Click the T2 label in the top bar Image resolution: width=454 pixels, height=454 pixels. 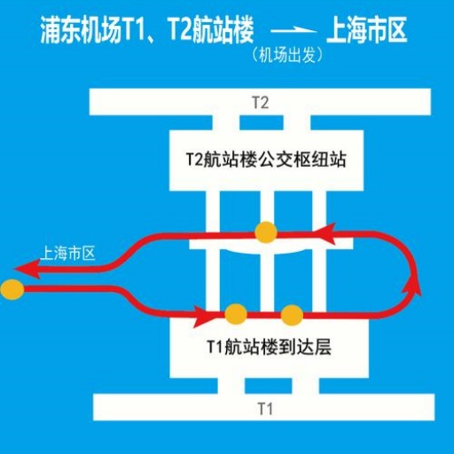[261, 103]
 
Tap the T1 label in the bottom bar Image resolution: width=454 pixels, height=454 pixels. [265, 409]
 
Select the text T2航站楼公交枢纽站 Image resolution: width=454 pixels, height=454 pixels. [266, 160]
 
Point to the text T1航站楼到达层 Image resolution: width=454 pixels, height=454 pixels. [269, 347]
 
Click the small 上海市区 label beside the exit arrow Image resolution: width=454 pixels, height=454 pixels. [68, 254]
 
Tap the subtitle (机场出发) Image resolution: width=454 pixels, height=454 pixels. [287, 55]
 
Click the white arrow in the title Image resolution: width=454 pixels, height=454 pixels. [294, 29]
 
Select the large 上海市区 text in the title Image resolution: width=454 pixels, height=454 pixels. [367, 30]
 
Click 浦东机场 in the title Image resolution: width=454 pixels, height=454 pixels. [81, 30]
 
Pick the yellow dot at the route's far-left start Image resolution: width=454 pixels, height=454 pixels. [12, 289]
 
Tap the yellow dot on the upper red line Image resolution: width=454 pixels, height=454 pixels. [266, 232]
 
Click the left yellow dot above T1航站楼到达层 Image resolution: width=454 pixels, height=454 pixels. [236, 315]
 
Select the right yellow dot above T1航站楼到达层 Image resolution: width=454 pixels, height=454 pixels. [292, 315]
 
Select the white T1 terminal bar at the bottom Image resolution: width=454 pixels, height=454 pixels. [264, 407]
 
